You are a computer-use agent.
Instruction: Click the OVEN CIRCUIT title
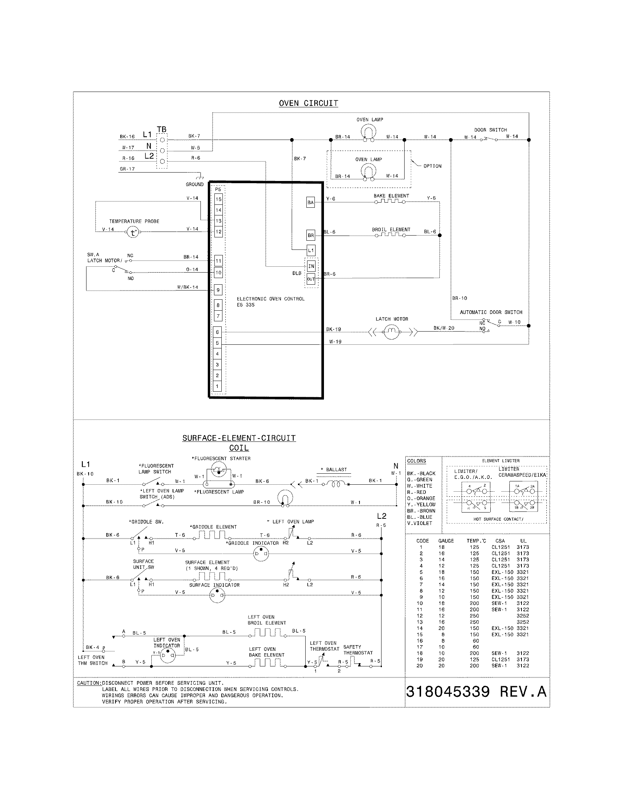click(x=308, y=103)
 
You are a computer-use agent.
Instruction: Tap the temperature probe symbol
click(x=133, y=233)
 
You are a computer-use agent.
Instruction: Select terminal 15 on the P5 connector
click(x=218, y=199)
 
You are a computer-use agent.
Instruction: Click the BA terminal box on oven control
click(x=310, y=203)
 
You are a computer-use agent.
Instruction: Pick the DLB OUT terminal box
click(x=311, y=280)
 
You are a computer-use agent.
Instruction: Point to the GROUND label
click(x=195, y=184)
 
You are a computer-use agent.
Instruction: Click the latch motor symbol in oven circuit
click(x=392, y=333)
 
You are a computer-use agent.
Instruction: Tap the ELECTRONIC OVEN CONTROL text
click(x=270, y=299)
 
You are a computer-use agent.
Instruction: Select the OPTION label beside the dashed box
click(x=432, y=166)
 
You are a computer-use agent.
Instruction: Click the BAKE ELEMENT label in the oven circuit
click(x=391, y=196)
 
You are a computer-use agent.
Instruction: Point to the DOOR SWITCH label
click(x=490, y=130)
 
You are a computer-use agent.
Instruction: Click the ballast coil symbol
click(x=335, y=484)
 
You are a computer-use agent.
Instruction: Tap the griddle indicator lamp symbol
click(x=261, y=554)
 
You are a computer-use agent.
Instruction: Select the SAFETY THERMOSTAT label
click(x=358, y=650)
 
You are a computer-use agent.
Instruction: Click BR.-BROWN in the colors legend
click(x=421, y=511)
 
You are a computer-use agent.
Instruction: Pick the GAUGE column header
click(x=446, y=541)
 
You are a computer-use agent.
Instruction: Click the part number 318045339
click(x=448, y=692)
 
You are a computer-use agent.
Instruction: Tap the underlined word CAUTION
click(x=88, y=683)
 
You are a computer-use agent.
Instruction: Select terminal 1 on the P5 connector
click(x=217, y=387)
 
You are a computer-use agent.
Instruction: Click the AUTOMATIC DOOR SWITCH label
click(x=491, y=312)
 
